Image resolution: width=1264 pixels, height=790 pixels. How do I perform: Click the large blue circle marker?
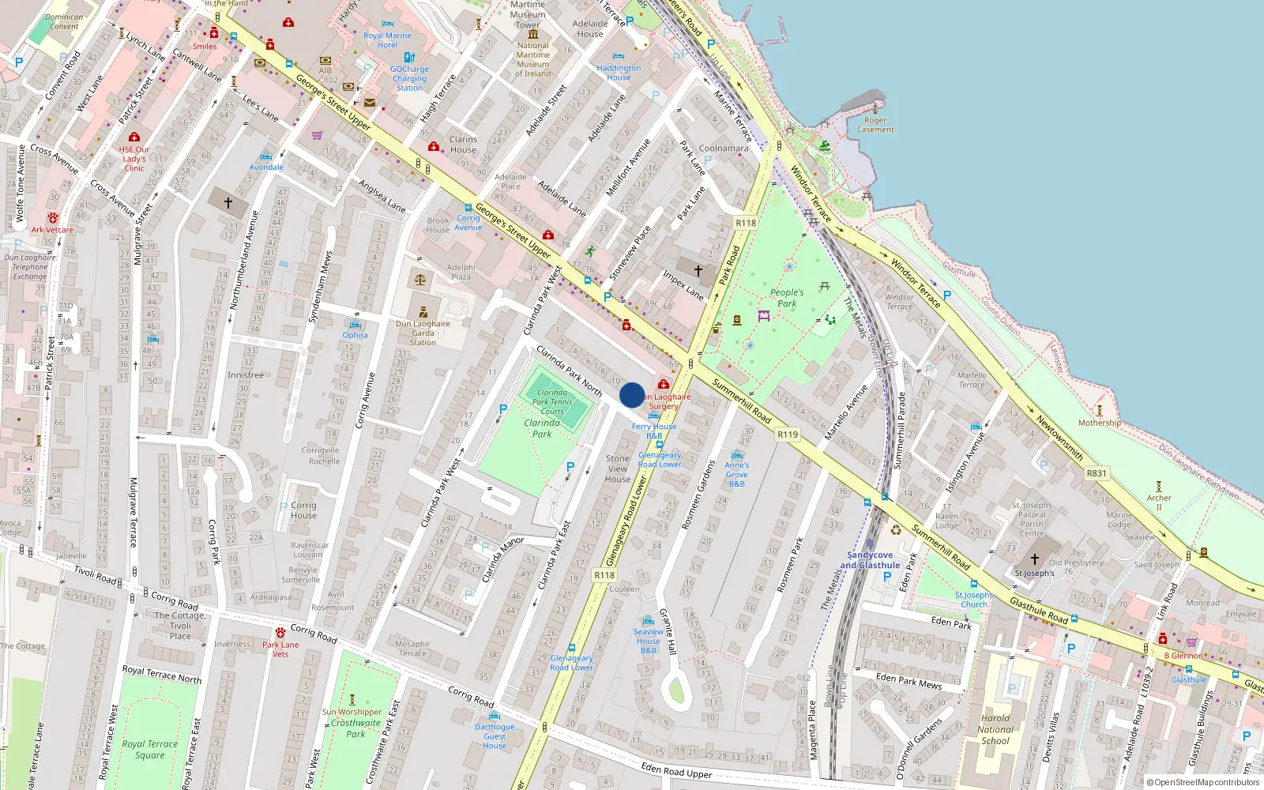coord(632,395)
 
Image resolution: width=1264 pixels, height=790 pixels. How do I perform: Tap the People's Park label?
coord(787,298)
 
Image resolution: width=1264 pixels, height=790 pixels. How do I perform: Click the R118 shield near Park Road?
coord(746,223)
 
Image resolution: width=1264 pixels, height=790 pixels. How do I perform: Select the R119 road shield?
coord(788,434)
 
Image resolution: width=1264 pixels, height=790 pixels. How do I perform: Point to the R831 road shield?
coord(1097,473)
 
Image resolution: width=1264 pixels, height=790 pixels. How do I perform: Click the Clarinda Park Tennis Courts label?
coord(552,401)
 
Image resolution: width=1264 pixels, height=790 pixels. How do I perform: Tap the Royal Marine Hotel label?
coord(387,40)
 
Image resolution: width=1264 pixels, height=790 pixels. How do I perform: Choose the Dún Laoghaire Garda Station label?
coord(423,333)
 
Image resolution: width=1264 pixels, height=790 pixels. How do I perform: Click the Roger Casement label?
coord(875,125)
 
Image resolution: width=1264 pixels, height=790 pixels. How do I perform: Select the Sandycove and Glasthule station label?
coord(870,560)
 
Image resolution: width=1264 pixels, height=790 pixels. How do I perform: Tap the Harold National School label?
coord(995,730)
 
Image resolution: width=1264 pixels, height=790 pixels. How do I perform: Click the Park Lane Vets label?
coord(280,649)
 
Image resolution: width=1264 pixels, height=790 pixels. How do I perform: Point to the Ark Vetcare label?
coord(52,230)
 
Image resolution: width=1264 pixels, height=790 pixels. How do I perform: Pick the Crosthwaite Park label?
coord(355,728)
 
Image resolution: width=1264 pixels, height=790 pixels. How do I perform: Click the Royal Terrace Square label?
coord(149,749)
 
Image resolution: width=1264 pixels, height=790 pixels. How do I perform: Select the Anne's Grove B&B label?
coord(737,474)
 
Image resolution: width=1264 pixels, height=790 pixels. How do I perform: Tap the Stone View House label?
coord(618,468)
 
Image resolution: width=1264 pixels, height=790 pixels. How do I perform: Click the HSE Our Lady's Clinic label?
coord(134,158)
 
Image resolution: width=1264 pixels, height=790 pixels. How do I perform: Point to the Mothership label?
coord(1100,423)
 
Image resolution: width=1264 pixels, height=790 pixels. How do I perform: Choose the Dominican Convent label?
coord(64,21)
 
